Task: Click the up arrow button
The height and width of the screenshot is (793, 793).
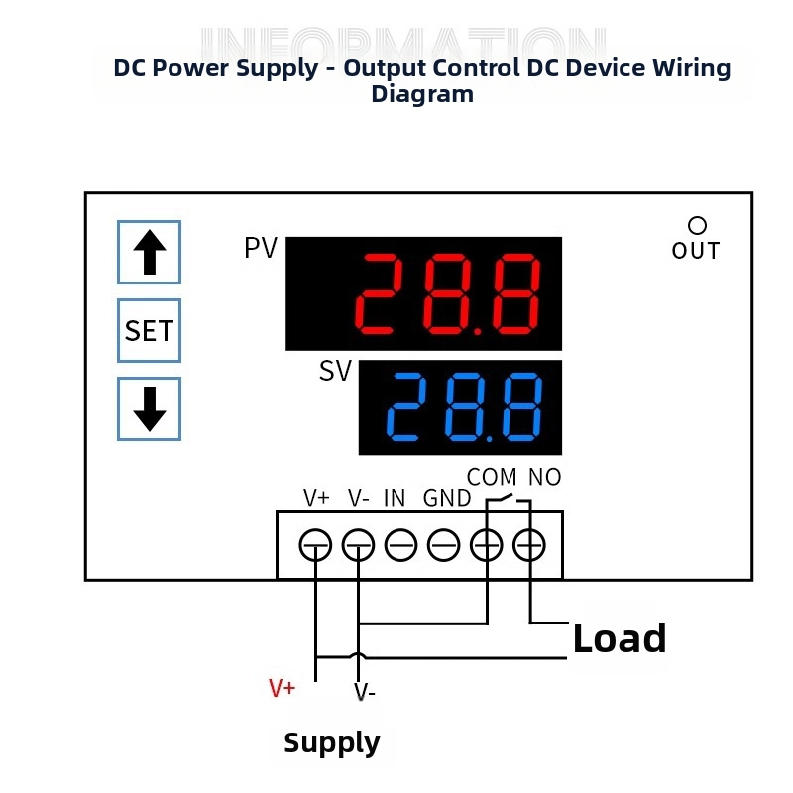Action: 150,252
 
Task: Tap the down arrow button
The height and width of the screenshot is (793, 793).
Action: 150,408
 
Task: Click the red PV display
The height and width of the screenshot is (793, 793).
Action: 424,293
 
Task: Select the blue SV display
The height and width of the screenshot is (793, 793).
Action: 460,407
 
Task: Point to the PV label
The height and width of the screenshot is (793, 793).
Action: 261,249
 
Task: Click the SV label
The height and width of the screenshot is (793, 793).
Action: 335,372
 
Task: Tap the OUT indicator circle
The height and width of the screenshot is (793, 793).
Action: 697,227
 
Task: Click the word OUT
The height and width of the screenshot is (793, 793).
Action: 696,251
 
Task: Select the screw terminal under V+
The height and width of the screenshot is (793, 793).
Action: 315,544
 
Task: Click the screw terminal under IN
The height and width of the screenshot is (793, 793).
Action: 400,544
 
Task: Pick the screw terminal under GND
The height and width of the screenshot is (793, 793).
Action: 443,544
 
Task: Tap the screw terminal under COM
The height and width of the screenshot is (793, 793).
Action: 486,544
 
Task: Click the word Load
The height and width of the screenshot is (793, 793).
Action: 620,639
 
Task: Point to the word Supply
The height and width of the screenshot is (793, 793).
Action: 332,743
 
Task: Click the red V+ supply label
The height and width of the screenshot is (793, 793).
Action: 283,688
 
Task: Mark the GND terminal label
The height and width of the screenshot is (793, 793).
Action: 447,498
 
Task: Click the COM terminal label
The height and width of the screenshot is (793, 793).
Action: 492,478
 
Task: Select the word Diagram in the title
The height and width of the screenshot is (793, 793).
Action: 422,95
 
